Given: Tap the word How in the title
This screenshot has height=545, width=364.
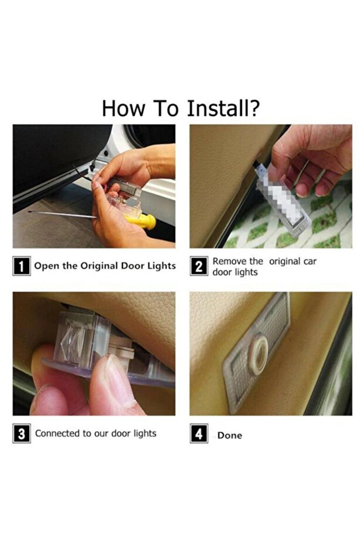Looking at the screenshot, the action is click(123, 108).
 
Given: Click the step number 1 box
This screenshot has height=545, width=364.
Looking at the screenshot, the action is click(22, 266).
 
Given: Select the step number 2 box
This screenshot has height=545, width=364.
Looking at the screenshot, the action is click(199, 266).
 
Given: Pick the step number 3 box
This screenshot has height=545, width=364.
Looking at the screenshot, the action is click(22, 433).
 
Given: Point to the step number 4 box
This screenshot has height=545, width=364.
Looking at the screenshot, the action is click(199, 433).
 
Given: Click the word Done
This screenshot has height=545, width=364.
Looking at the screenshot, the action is click(230, 436).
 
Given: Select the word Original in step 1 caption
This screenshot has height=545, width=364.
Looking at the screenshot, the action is click(100, 266).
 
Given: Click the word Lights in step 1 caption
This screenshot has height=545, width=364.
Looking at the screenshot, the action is click(161, 266).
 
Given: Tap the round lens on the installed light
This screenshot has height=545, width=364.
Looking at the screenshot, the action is click(259, 354).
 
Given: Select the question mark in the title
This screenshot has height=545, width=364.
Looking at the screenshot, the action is click(255, 108).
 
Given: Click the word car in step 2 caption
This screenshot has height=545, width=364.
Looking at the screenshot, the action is click(309, 261).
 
